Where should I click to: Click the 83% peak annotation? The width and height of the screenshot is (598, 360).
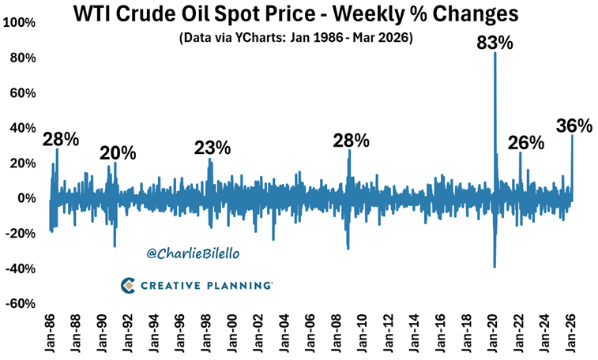click(x=495, y=43)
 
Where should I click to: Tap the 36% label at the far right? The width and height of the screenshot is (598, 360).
click(x=574, y=126)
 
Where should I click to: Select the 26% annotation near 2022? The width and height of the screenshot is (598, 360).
click(x=526, y=143)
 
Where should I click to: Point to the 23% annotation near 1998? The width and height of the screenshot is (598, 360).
click(x=212, y=148)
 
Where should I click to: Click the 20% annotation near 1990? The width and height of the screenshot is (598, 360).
click(x=118, y=152)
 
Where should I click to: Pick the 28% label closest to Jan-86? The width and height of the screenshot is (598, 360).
click(x=61, y=140)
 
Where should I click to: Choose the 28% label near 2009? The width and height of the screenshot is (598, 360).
click(x=352, y=141)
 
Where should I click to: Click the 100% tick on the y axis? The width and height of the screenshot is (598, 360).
click(x=18, y=23)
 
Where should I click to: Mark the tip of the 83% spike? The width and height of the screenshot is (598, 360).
click(x=495, y=53)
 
